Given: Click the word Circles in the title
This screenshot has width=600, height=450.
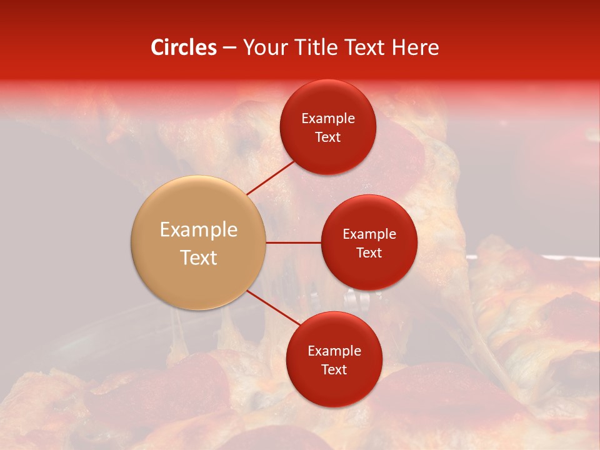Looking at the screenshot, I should point(184,47).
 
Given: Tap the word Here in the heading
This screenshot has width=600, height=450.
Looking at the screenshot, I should point(415,47).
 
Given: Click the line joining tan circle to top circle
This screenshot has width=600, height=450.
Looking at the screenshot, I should point(271,177).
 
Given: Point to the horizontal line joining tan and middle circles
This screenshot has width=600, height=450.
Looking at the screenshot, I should point(293,242).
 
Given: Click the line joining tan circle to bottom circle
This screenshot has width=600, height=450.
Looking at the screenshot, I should point(273,307).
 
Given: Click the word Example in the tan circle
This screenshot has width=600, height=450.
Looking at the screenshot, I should point(198,230).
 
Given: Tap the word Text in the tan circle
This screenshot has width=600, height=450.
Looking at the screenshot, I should point(198,257).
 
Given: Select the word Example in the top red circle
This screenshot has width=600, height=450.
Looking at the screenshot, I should point(328,119).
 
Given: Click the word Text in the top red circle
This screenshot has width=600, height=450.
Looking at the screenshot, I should point(328,137).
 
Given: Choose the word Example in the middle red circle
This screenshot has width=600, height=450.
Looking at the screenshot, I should point(369,234).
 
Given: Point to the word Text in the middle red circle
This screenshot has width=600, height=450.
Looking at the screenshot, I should point(369,252).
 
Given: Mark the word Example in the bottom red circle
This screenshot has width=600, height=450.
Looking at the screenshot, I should point(334,351).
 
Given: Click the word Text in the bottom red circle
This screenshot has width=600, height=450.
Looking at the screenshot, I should point(334,369).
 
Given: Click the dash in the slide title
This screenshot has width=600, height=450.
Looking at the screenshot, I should point(229,48).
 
